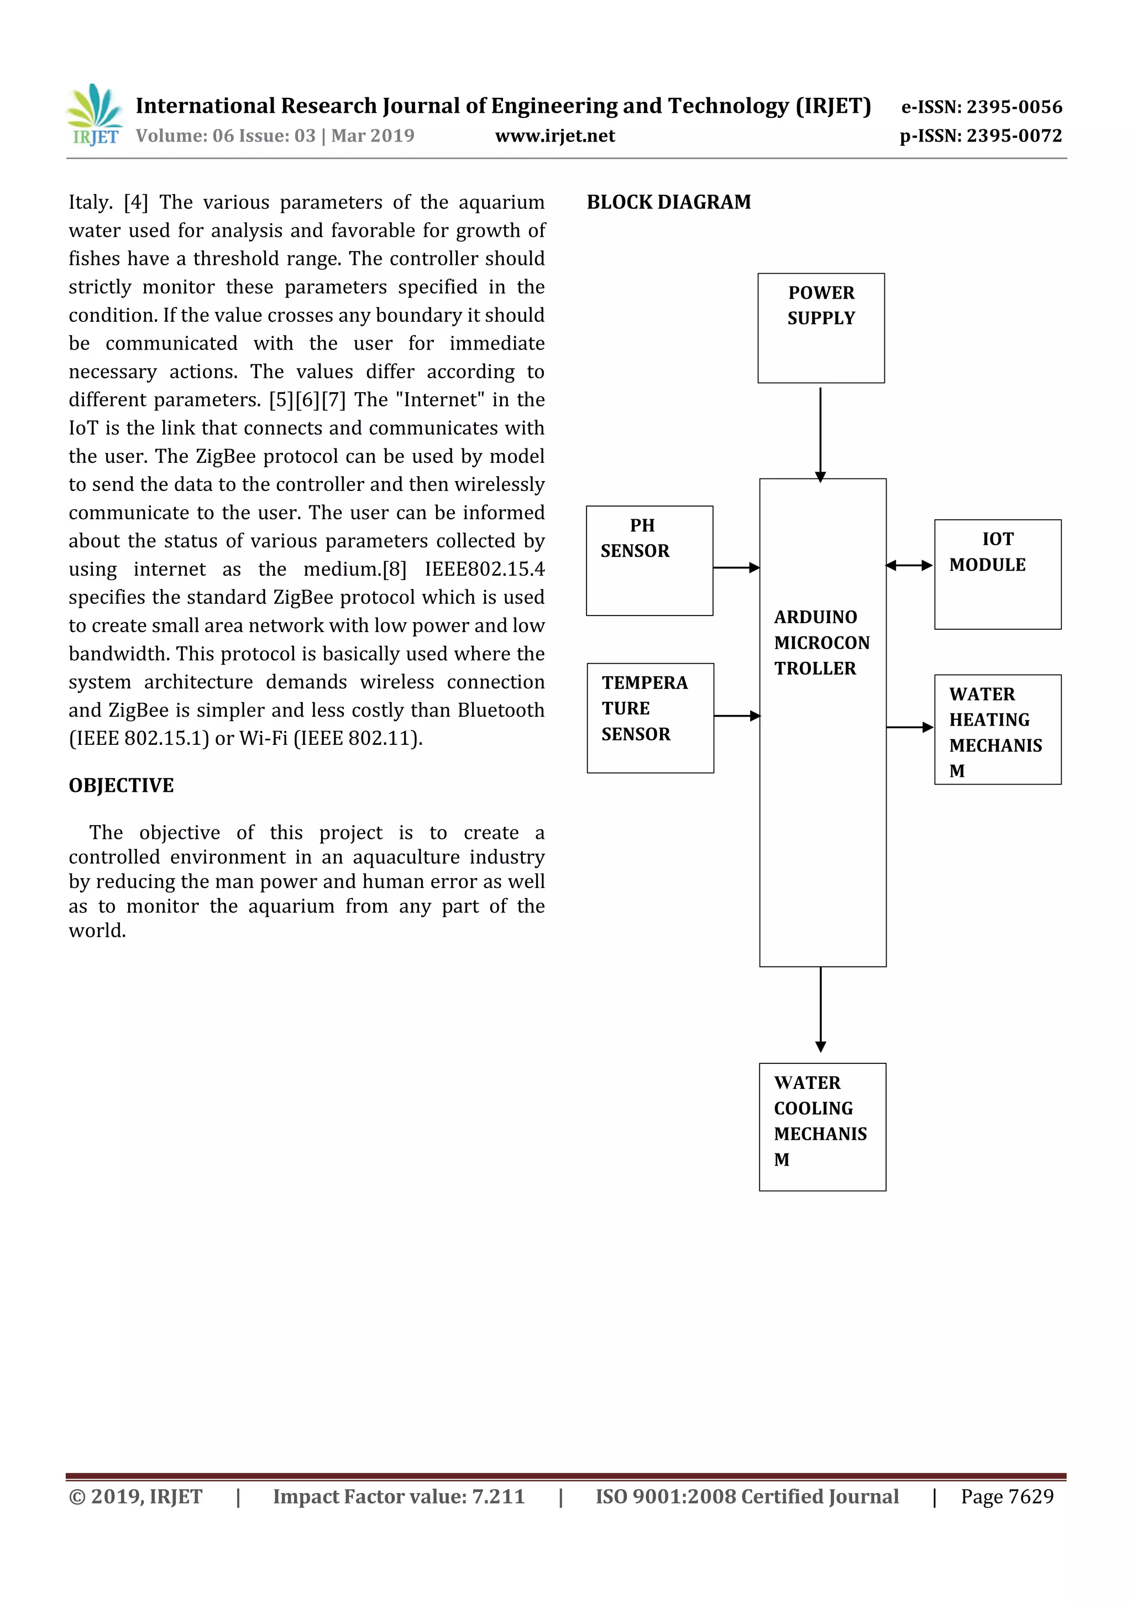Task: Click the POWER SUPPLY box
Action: pos(821,328)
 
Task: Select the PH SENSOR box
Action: pos(649,560)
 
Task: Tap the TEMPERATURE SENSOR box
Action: pos(650,717)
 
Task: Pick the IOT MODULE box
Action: pos(997,574)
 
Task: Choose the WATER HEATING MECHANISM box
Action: pos(997,729)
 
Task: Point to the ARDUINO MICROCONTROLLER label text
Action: pos(821,643)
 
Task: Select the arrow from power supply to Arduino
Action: pos(820,432)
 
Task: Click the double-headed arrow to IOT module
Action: pos(909,565)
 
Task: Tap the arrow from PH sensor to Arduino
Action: pos(736,568)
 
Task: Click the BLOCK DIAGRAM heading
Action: pos(668,202)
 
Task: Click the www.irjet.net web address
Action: pos(554,136)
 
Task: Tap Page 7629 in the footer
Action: pos(1007,1496)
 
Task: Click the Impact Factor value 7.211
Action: pos(498,1496)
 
